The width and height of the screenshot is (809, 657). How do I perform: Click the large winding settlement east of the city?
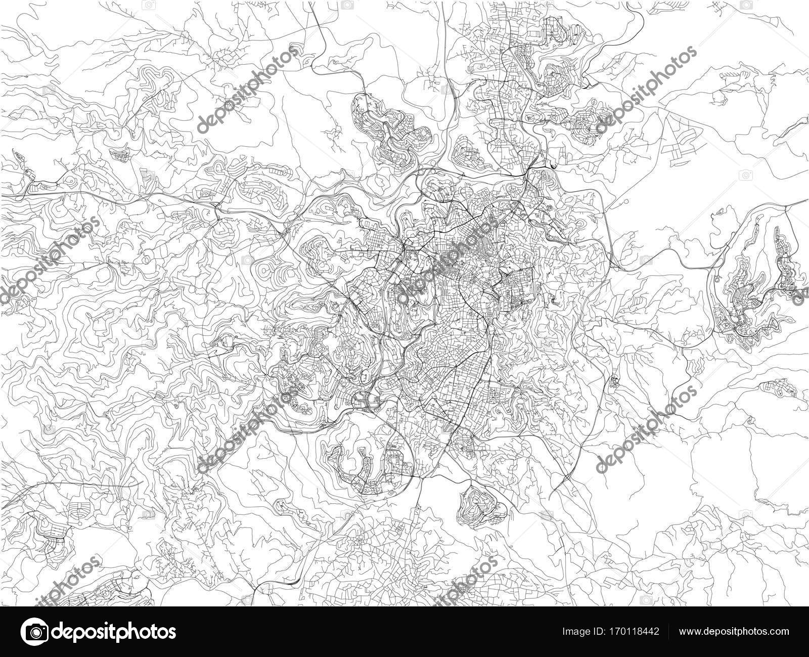[x=753, y=283]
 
